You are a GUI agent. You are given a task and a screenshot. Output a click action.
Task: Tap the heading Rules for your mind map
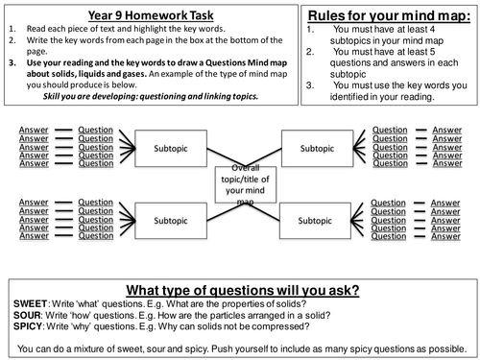pyautogui.click(x=381, y=16)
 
